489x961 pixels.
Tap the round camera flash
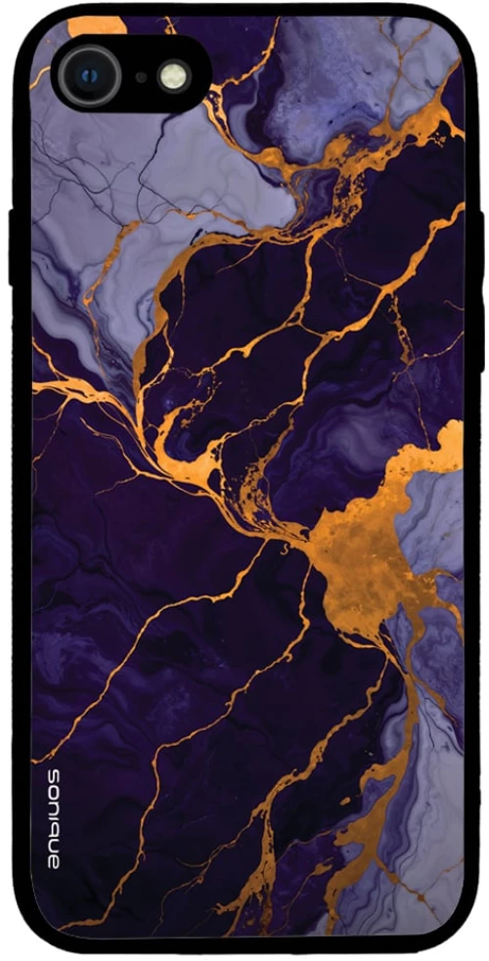coord(173,76)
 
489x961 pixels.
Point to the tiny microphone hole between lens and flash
coord(141,76)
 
